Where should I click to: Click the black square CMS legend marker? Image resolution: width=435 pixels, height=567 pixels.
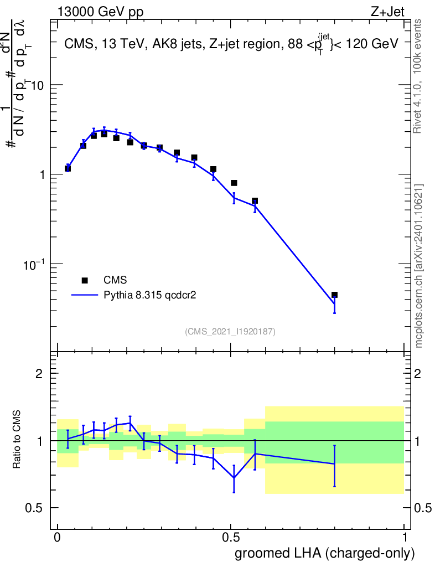[x=85, y=280]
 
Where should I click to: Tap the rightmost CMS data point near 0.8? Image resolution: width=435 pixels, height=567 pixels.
[x=334, y=295]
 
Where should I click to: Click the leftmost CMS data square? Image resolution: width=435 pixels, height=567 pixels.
[x=68, y=168]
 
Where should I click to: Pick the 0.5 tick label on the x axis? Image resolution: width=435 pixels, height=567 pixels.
[x=231, y=538]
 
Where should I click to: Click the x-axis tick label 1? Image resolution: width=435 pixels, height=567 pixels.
[x=405, y=538]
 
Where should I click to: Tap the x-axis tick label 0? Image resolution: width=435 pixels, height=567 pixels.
[x=57, y=538]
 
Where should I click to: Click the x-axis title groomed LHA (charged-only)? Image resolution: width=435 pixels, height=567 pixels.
[x=325, y=553]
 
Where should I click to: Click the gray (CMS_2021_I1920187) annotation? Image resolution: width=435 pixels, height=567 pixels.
[x=230, y=332]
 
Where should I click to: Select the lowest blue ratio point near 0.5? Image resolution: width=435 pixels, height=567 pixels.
[x=234, y=478]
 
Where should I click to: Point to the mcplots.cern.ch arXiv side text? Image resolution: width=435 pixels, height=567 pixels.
[x=419, y=266]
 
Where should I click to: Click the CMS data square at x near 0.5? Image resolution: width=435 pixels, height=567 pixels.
[x=234, y=183]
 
